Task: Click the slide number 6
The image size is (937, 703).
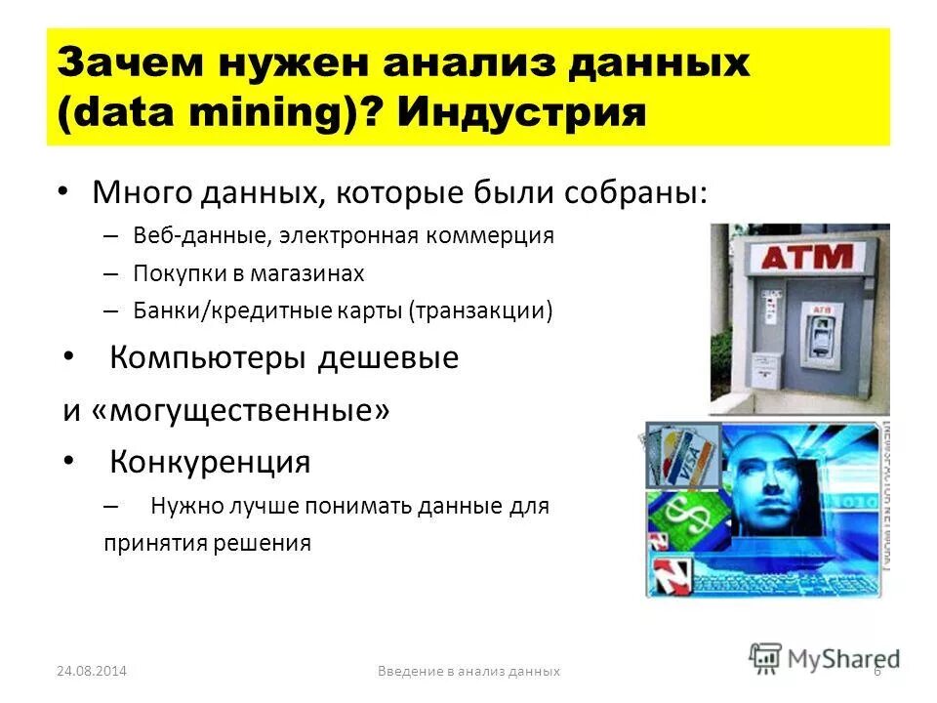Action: (x=877, y=672)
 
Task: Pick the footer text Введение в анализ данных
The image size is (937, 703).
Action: (x=469, y=672)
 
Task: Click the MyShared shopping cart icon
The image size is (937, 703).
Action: (x=766, y=657)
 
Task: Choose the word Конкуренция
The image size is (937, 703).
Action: (x=210, y=461)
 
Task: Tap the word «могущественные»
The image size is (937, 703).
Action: (x=240, y=409)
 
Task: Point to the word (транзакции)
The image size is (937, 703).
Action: (x=481, y=310)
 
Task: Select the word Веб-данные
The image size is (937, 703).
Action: (x=199, y=235)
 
